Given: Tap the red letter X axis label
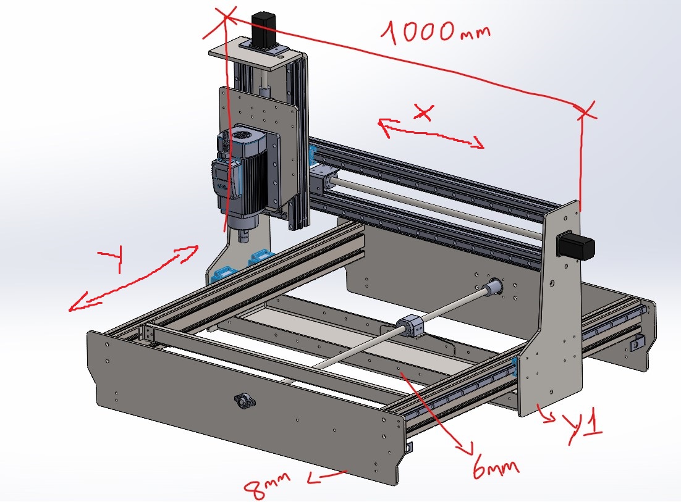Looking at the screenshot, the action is click(x=423, y=112).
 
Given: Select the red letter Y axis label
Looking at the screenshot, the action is click(x=112, y=257).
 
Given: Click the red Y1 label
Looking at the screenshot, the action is click(x=583, y=428).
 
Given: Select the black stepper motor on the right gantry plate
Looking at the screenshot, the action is click(x=575, y=245).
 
